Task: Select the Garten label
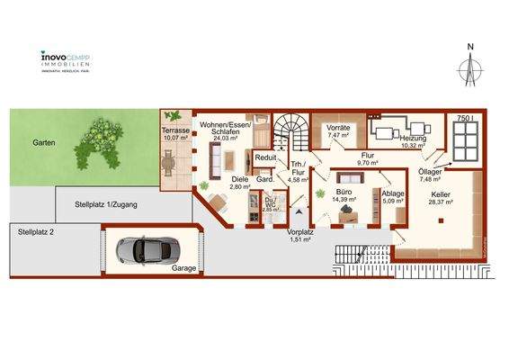[x=45, y=143]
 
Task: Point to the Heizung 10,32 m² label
[x=414, y=141]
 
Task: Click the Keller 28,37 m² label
[x=441, y=199]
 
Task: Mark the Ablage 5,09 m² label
[x=393, y=198]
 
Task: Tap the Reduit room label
[x=265, y=157]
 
